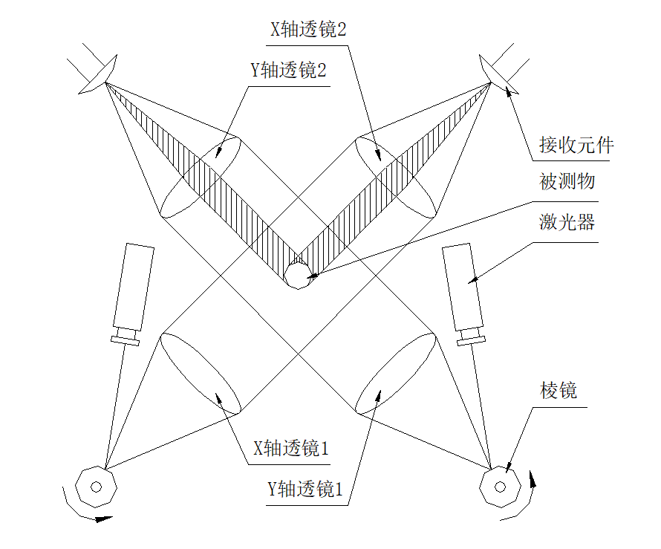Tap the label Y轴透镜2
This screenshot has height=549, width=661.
pos(289,72)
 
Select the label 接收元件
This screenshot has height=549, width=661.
pos(576,145)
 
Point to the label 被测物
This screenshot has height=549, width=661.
pos(567,181)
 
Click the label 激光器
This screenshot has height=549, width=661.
pos(567,222)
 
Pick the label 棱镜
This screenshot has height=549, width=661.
pos(559,391)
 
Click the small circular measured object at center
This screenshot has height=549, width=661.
pos(299,276)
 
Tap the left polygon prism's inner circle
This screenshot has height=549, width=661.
pos(95,487)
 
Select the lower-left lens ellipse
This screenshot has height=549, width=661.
pos(200,373)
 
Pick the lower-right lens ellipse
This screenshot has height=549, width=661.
pos(396,373)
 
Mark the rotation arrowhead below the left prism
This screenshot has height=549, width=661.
pos(103,519)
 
